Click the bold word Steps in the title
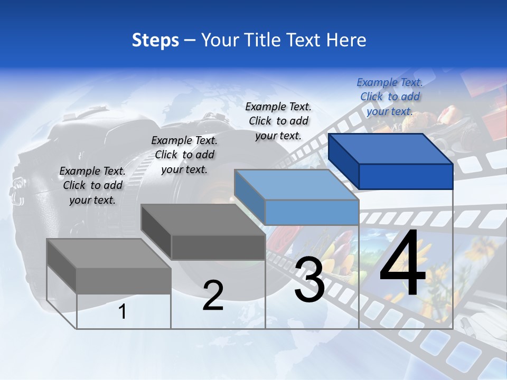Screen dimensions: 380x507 [155, 40]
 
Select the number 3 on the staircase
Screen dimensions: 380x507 [309, 280]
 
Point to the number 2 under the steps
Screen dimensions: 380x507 [213, 296]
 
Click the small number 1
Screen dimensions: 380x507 [123, 312]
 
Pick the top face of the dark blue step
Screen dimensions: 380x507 [391, 148]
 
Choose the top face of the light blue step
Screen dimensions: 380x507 [296, 185]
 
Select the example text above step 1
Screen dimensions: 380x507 [92, 185]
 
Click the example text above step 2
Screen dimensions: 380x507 [184, 155]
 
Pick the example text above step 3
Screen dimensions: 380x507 [278, 121]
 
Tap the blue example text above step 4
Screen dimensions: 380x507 [390, 97]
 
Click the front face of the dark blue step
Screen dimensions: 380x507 [406, 176]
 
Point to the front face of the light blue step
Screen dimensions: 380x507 [312, 212]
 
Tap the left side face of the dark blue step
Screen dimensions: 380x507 [343, 161]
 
